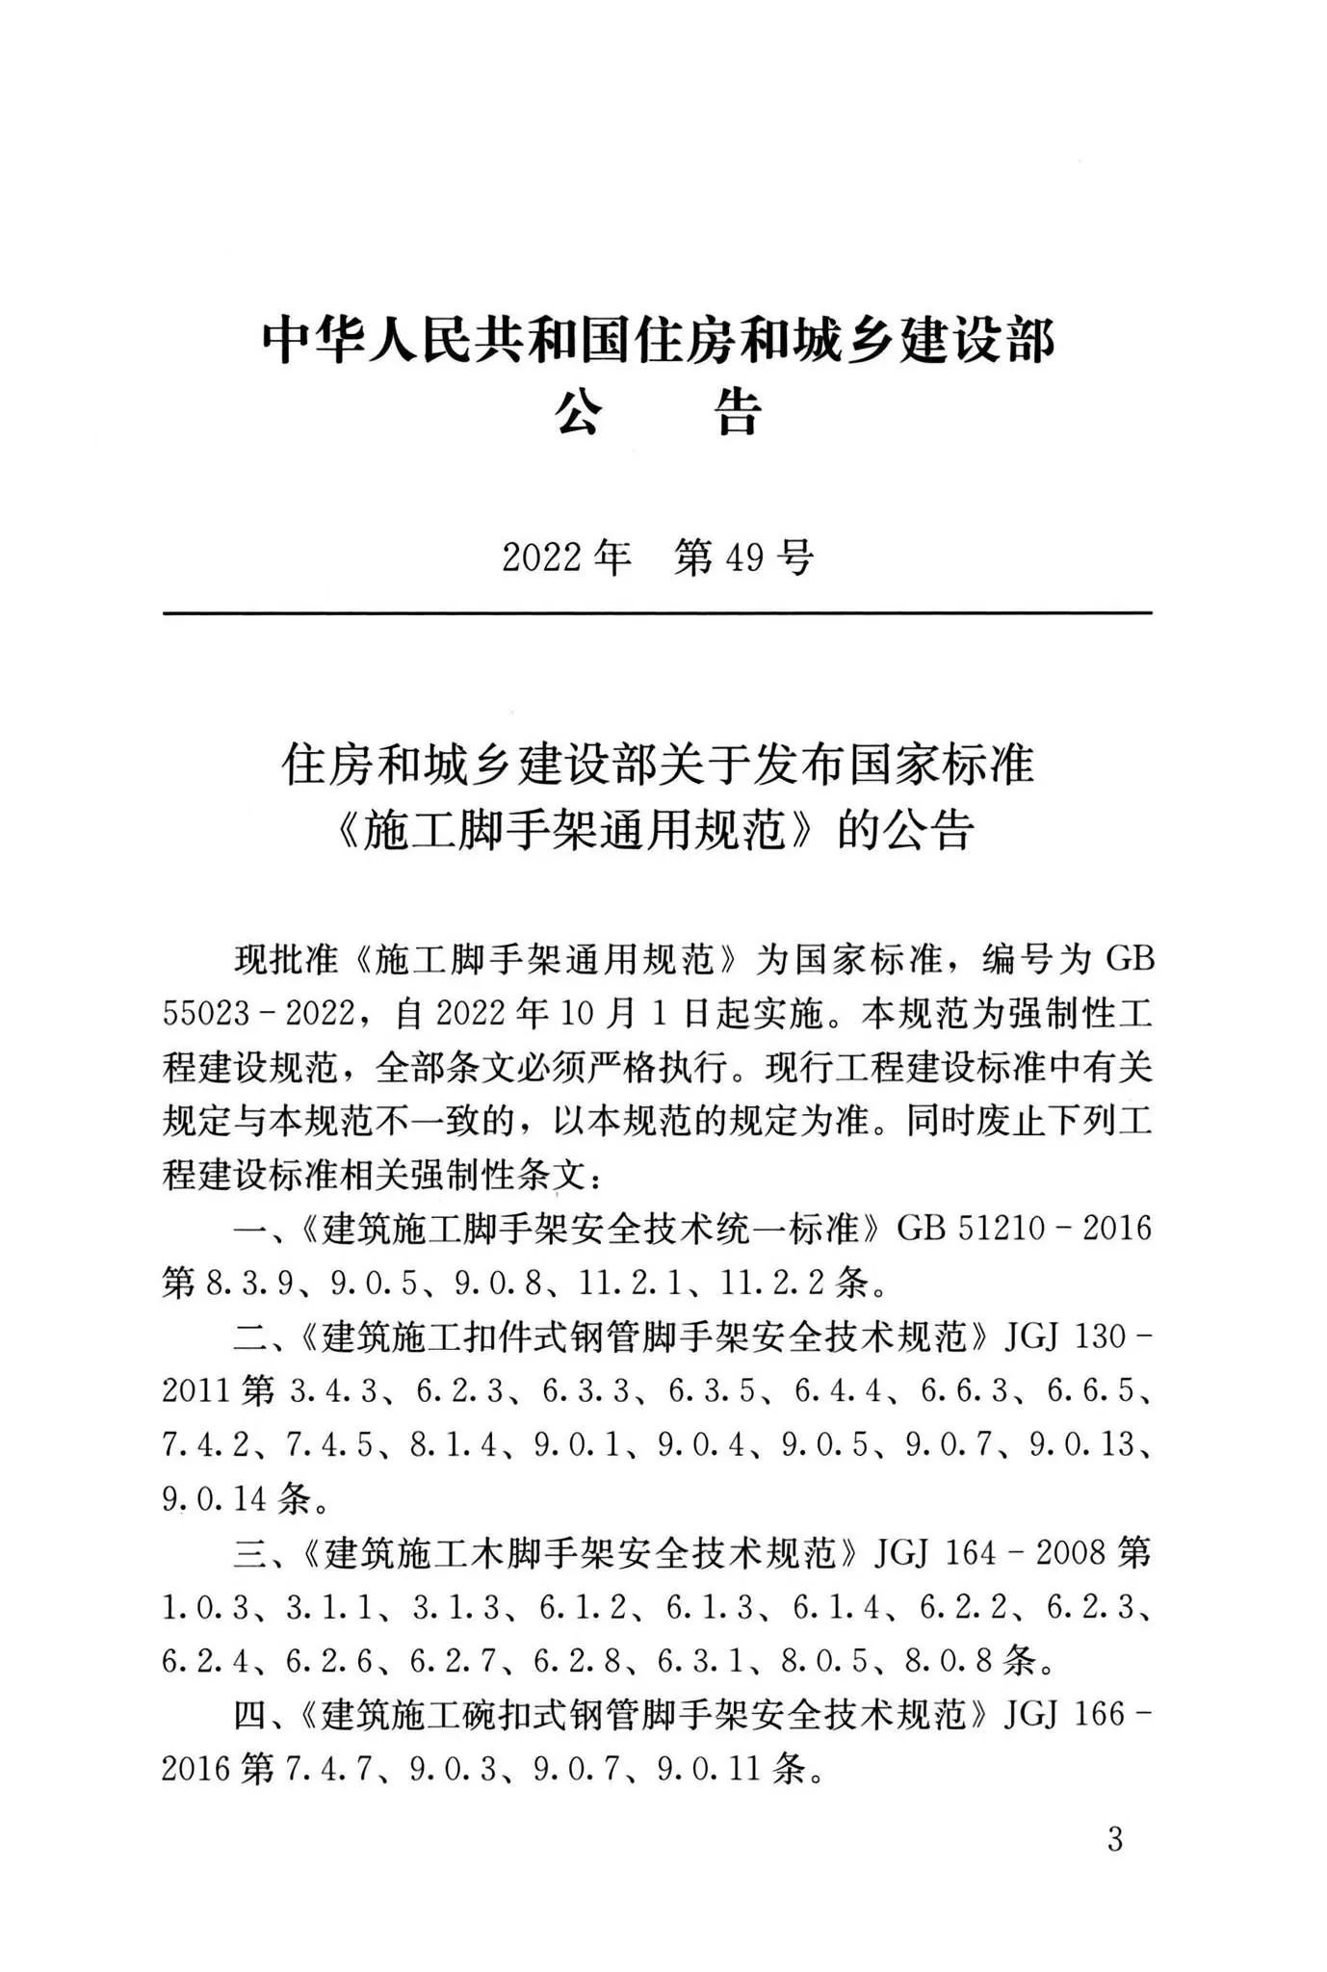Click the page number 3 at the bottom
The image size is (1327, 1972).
tap(1115, 1839)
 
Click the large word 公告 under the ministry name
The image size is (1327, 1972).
tap(658, 413)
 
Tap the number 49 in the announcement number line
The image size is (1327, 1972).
tap(744, 557)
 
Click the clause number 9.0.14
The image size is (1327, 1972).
tap(215, 1498)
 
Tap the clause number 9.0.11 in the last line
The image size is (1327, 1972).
tap(710, 1768)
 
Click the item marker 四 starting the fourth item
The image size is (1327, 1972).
tap(248, 1715)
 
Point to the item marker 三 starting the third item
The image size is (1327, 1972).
tap(248, 1552)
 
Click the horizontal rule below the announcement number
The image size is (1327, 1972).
tap(658, 612)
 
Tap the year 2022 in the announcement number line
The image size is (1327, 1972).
tap(542, 557)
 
